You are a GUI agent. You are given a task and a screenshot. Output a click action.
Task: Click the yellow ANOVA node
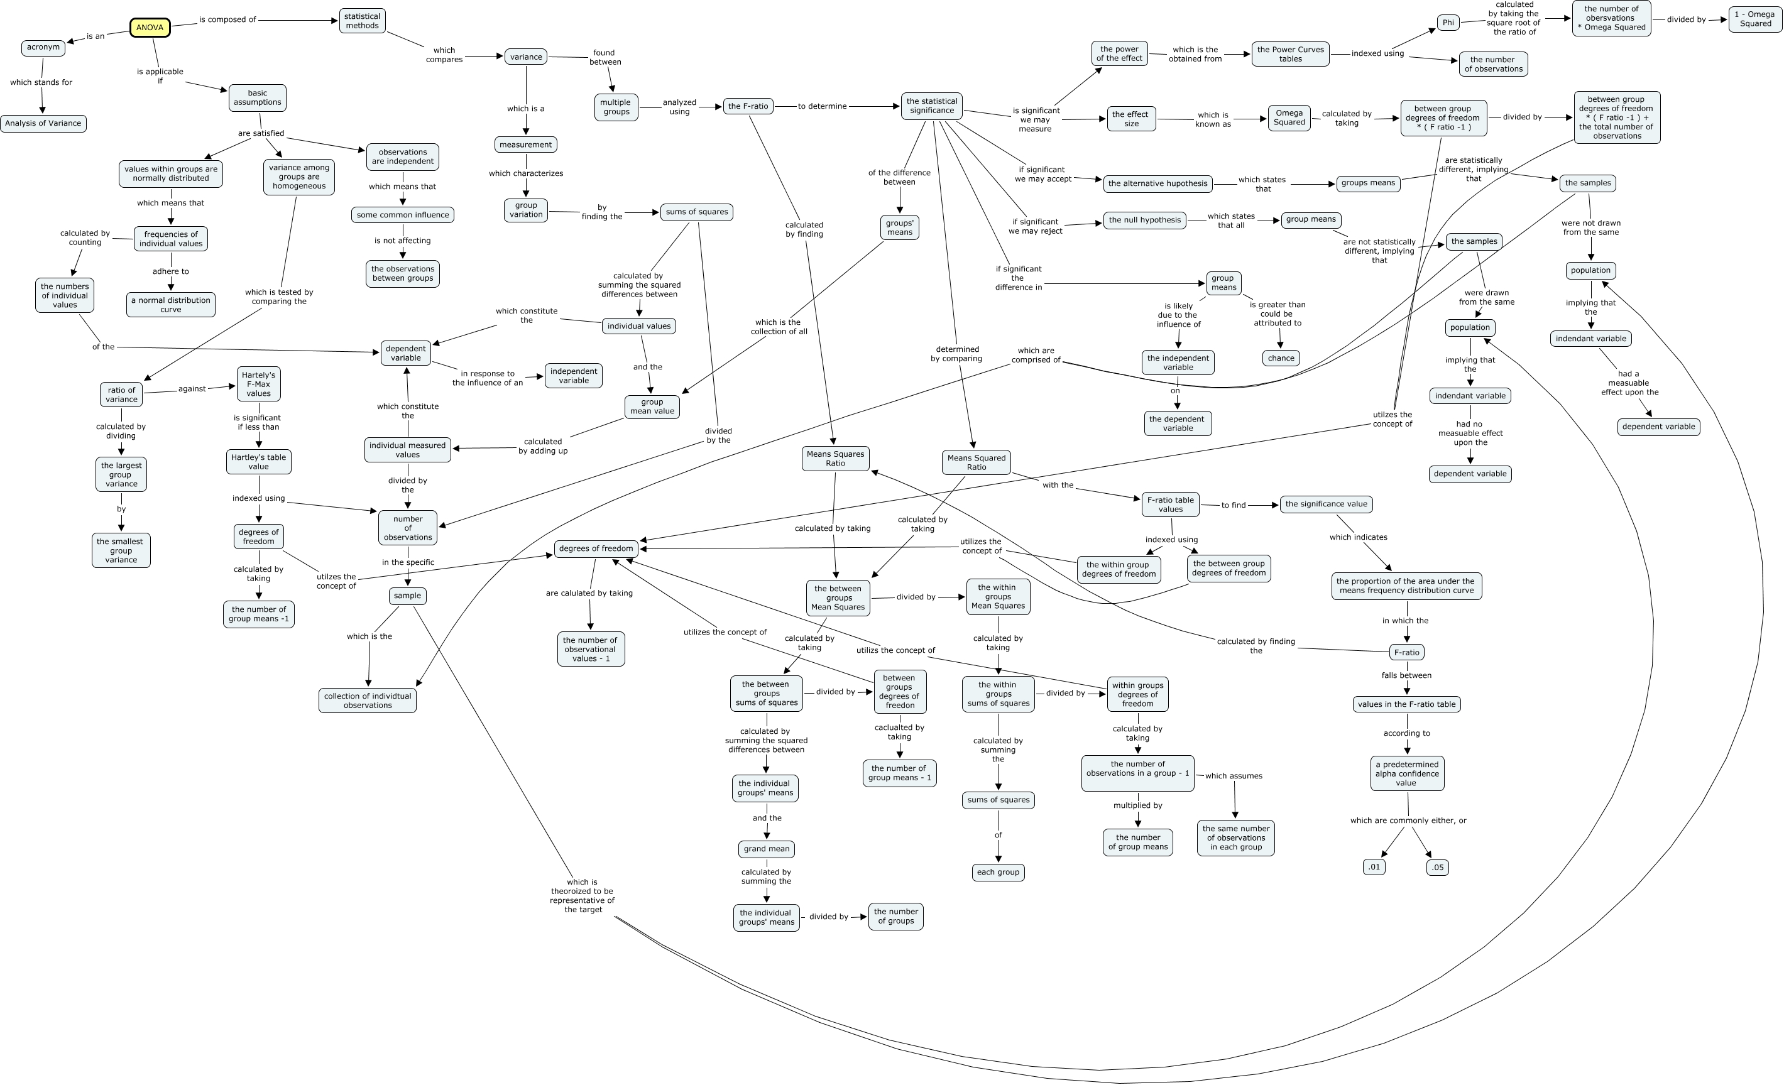coord(150,28)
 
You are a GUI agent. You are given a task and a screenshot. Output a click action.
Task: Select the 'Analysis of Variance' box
coord(43,123)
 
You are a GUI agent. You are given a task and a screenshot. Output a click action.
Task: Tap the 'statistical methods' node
coord(362,21)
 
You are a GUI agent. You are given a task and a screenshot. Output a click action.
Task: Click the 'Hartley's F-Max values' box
coord(258,384)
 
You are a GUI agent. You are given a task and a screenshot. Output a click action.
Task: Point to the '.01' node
coord(1374,866)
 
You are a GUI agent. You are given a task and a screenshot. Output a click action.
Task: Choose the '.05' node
coord(1437,867)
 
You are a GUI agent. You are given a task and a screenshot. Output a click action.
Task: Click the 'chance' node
coord(1281,357)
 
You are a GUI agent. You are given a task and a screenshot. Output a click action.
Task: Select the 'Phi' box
coord(1448,23)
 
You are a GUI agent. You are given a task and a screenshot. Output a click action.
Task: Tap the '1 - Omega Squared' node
coord(1756,19)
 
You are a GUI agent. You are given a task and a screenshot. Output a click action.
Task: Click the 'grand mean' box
coord(766,848)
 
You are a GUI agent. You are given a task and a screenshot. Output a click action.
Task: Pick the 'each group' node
coord(998,872)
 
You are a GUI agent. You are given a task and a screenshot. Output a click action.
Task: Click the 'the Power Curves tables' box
coord(1290,54)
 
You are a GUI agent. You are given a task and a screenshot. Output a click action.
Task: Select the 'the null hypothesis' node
coord(1145,220)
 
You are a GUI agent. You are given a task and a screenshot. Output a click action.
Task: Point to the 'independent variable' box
coord(574,376)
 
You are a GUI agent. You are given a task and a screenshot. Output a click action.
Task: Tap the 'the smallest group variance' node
coord(121,551)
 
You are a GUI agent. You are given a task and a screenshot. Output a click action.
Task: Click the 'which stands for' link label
coord(41,82)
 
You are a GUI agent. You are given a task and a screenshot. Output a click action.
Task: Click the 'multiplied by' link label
coord(1137,805)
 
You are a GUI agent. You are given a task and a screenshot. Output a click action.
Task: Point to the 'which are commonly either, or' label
coord(1408,820)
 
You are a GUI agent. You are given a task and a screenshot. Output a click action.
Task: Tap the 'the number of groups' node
coord(895,917)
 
